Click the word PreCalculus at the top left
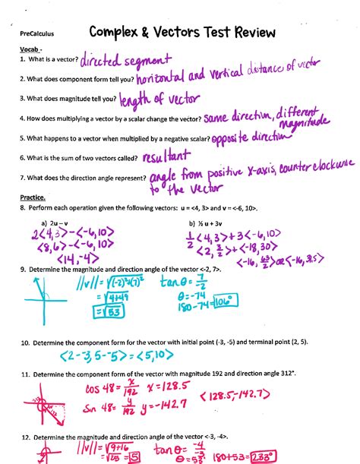pyautogui.click(x=37, y=34)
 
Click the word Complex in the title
pyautogui.click(x=118, y=33)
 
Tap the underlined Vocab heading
pyautogui.click(x=30, y=49)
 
